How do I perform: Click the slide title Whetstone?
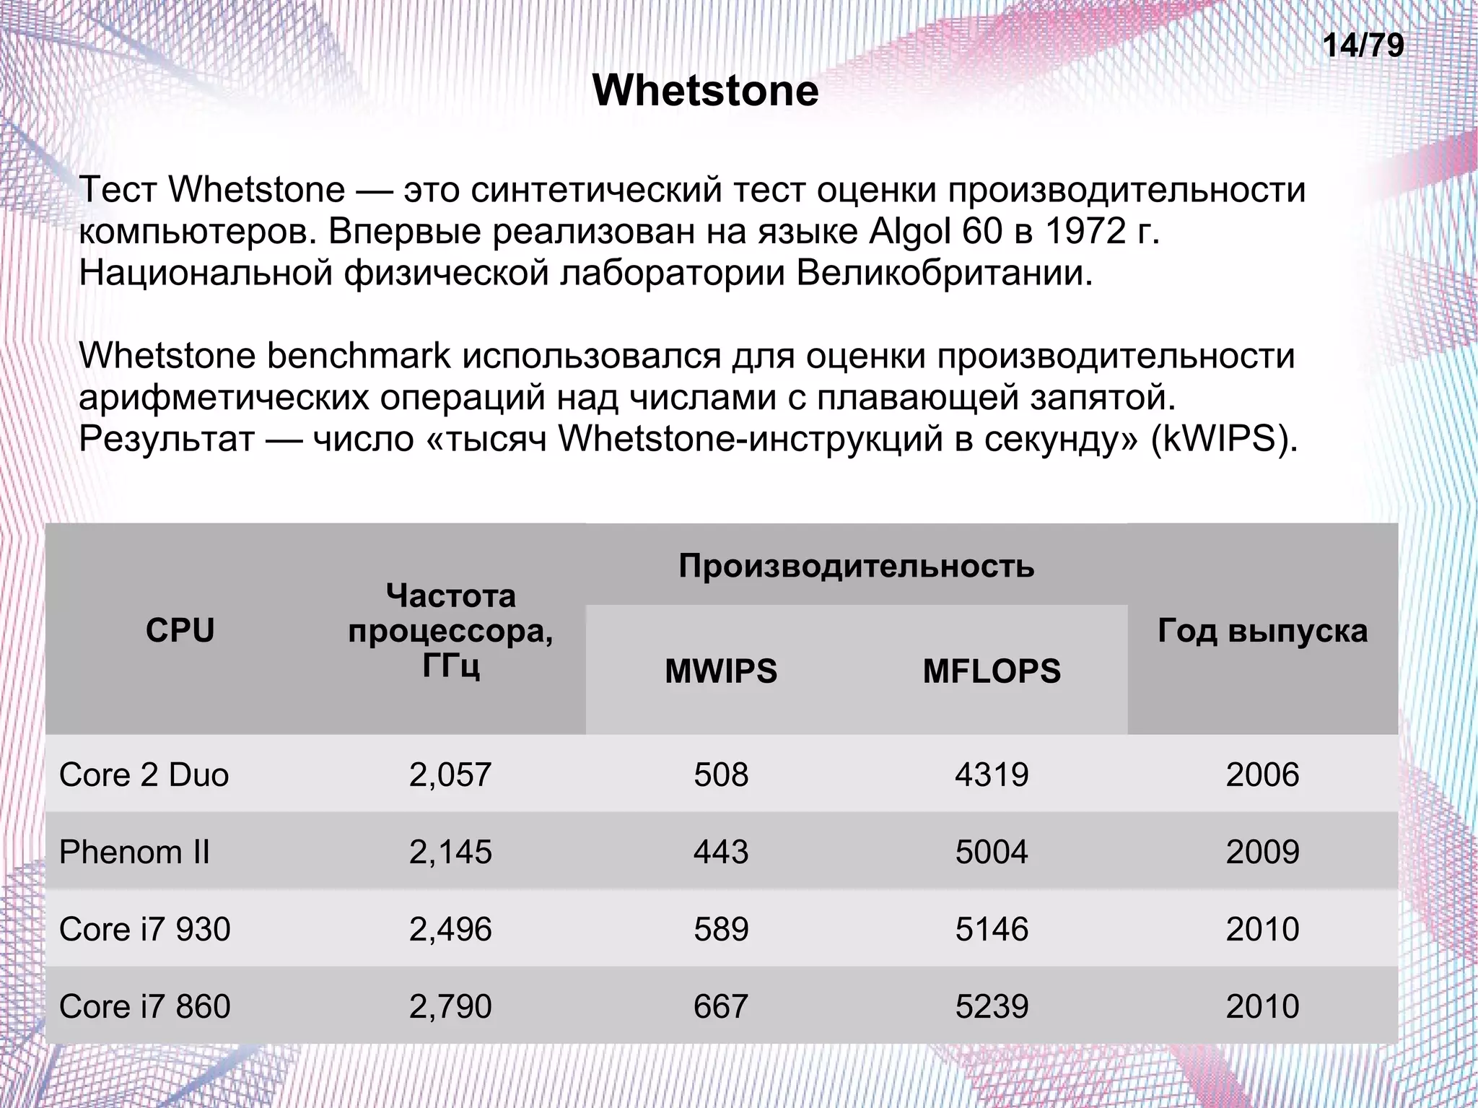click(705, 91)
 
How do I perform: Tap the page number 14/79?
click(1363, 46)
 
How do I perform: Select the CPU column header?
click(180, 630)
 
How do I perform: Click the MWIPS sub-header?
click(721, 671)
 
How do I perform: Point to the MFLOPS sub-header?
click(992, 671)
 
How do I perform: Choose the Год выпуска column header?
click(1262, 631)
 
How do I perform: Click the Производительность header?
click(856, 566)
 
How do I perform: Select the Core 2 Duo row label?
click(144, 775)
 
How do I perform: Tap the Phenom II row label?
click(134, 852)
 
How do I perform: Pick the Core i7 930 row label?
click(145, 929)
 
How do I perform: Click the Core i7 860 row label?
click(145, 1006)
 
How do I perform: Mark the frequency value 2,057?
click(450, 775)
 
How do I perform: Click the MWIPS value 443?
click(721, 852)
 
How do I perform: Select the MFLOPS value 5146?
click(992, 929)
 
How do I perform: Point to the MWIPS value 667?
click(721, 1006)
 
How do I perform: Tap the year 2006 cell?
click(1262, 775)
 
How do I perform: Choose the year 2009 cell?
click(1262, 852)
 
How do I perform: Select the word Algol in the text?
click(910, 232)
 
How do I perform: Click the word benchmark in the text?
click(359, 356)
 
